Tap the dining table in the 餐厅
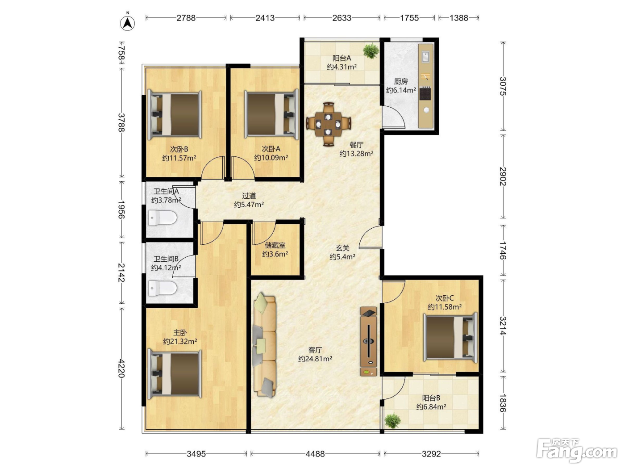point(328,125)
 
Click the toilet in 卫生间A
point(162,218)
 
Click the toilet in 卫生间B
point(162,289)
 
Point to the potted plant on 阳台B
point(393,420)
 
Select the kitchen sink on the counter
point(426,57)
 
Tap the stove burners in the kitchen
point(425,94)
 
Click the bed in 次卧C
point(450,337)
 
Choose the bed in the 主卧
point(175,374)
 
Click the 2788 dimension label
point(186,18)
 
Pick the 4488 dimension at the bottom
point(315,454)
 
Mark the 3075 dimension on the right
point(503,86)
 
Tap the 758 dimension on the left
point(121,53)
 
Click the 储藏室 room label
point(275,245)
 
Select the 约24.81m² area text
point(315,359)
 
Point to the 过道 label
point(249,196)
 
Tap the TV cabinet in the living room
point(368,341)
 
